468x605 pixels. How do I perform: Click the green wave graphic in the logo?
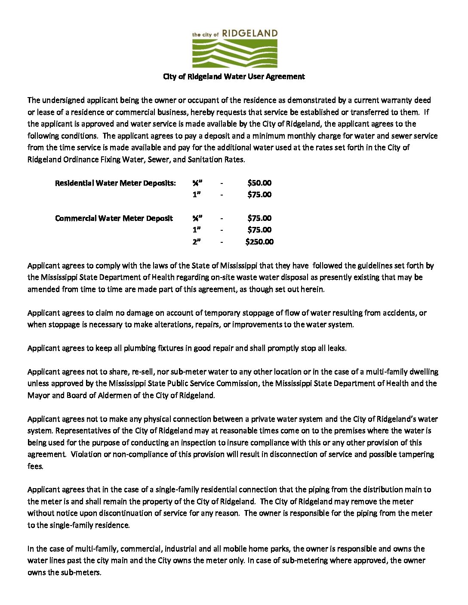tap(234, 54)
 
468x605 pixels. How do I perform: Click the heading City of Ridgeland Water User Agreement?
tap(234, 76)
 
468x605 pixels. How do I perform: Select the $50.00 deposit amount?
tap(259, 183)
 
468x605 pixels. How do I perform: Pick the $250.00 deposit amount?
tap(259, 242)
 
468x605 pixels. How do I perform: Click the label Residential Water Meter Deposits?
tap(115, 183)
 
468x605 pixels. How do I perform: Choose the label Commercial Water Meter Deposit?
tap(114, 218)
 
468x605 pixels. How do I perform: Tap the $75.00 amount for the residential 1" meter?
tap(259, 195)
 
